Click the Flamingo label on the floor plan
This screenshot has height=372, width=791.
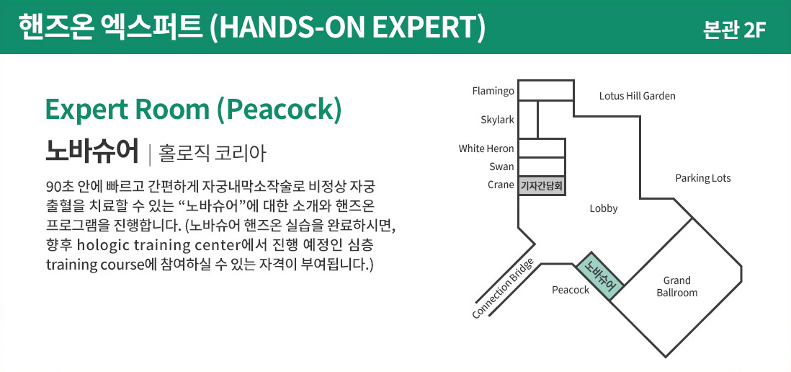click(x=493, y=91)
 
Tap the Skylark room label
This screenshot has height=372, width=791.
click(x=497, y=120)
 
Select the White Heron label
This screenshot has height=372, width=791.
click(x=486, y=149)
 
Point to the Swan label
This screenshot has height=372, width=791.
click(x=501, y=167)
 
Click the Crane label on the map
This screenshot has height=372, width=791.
click(x=501, y=185)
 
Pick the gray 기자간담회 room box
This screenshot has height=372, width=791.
click(x=541, y=186)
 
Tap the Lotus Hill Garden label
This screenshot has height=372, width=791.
click(x=637, y=96)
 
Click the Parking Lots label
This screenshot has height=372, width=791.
click(x=702, y=178)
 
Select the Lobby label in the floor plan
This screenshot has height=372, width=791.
click(x=604, y=208)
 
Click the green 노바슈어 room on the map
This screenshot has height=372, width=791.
click(x=599, y=277)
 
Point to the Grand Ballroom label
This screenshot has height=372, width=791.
click(x=676, y=286)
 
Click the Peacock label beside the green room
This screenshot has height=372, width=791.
click(x=571, y=290)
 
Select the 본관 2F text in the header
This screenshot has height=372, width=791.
click(x=733, y=30)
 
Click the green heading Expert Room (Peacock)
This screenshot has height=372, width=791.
click(x=192, y=110)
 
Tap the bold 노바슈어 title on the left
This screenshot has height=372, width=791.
click(x=91, y=151)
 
